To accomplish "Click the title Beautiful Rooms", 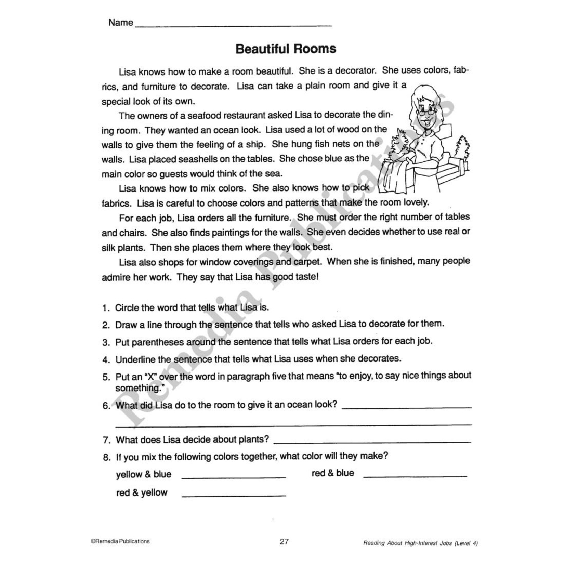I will pyautogui.click(x=286, y=49).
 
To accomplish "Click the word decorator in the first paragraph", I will pyautogui.click(x=355, y=71).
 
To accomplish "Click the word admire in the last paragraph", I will pyautogui.click(x=116, y=277).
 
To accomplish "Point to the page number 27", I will pyautogui.click(x=284, y=542).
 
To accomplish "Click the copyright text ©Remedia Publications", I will pyautogui.click(x=120, y=541).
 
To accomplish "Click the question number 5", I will pyautogui.click(x=106, y=378).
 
